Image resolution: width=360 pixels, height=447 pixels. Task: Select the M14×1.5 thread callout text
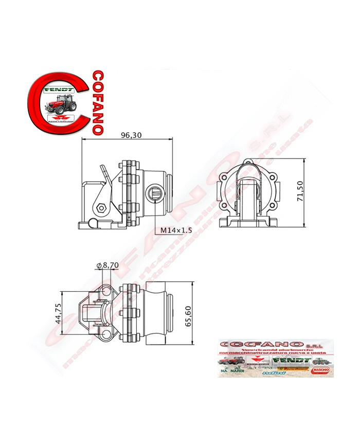point(175,230)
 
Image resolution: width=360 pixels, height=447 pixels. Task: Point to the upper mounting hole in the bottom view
point(106,291)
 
